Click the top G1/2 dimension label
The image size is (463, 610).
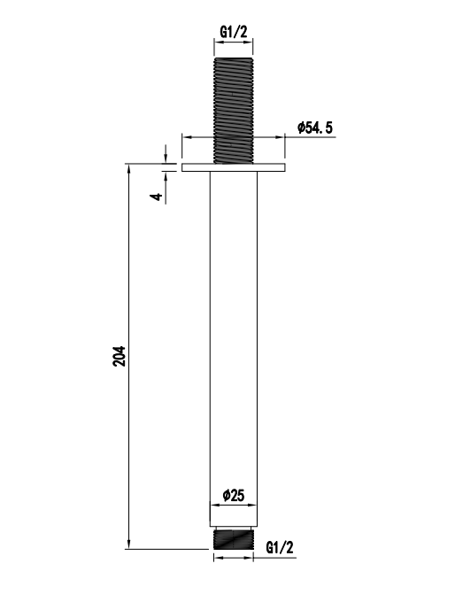pyautogui.click(x=234, y=33)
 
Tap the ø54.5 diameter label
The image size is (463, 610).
pyautogui.click(x=315, y=128)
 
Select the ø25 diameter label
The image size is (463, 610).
pyautogui.click(x=234, y=496)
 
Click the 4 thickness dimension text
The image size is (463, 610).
pyautogui.click(x=157, y=195)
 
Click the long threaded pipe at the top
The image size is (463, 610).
pyautogui.click(x=234, y=106)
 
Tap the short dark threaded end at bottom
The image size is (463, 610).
pyautogui.click(x=234, y=538)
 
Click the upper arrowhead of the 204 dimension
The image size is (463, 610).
pyautogui.click(x=130, y=169)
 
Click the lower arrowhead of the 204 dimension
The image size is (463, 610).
pyautogui.click(x=130, y=543)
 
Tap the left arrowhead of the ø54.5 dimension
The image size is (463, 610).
pyautogui.click(x=186, y=135)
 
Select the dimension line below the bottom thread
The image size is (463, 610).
pyautogui.click(x=234, y=557)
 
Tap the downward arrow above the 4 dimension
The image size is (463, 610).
pyautogui.click(x=166, y=158)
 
